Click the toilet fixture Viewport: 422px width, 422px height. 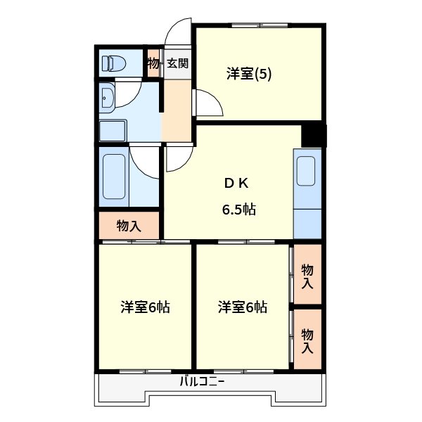click(113, 63)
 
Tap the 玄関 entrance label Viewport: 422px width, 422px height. click(177, 63)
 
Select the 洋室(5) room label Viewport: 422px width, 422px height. click(249, 73)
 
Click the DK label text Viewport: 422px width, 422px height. click(236, 183)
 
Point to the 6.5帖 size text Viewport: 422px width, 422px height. click(238, 209)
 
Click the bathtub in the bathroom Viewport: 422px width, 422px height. click(113, 176)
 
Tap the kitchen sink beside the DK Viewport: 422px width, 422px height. click(306, 171)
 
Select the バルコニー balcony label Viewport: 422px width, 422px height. click(202, 382)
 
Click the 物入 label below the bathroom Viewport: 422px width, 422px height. click(129, 226)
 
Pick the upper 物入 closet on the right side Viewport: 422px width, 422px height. click(307, 276)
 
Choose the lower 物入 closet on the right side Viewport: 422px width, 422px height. click(307, 340)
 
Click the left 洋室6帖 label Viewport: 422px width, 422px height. click(145, 307)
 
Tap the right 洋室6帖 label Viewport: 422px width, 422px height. click(242, 307)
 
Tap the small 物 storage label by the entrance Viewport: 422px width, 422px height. click(153, 63)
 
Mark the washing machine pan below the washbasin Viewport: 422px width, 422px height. click(113, 131)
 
